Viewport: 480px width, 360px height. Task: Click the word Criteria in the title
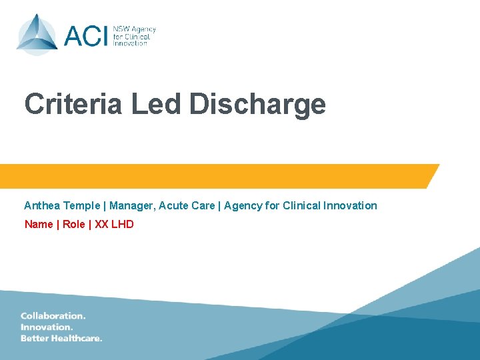click(73, 105)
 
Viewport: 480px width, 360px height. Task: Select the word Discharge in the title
click(257, 105)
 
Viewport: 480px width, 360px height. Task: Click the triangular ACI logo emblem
click(37, 35)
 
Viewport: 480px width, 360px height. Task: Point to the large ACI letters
click(86, 35)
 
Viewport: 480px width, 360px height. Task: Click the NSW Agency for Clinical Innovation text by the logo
click(134, 35)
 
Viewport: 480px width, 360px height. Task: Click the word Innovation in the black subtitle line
click(350, 205)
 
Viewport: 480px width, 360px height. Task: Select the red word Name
click(39, 224)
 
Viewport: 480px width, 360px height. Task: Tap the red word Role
click(74, 224)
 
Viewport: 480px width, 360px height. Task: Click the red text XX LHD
click(115, 224)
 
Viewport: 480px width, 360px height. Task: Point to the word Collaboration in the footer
click(53, 315)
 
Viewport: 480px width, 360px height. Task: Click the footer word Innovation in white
click(47, 327)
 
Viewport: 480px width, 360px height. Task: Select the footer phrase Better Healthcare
click(61, 338)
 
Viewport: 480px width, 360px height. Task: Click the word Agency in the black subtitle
click(243, 206)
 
